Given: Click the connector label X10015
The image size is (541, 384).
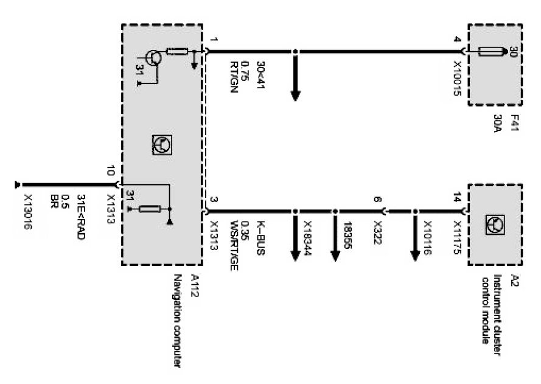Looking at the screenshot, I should [x=458, y=77].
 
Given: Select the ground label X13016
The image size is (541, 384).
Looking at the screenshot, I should [x=28, y=212].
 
